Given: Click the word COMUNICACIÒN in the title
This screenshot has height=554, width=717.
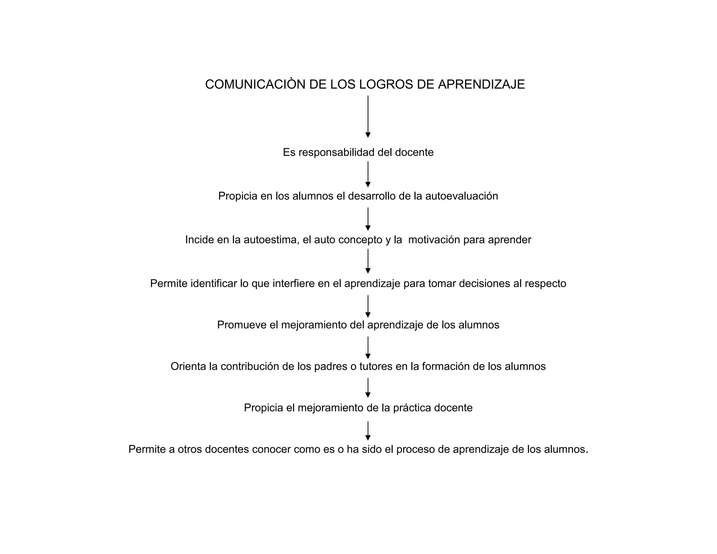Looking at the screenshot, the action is click(x=255, y=85).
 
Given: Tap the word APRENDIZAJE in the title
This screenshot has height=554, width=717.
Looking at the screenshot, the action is click(x=481, y=85).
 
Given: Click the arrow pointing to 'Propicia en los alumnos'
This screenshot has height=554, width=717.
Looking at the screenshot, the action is click(x=368, y=174).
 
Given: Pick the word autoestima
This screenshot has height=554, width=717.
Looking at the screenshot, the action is click(x=271, y=240).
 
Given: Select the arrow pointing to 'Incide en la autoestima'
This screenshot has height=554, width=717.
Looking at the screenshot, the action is click(x=368, y=219).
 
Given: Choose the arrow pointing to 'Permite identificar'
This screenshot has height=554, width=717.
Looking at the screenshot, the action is click(x=368, y=261).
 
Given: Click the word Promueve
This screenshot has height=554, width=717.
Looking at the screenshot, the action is click(x=242, y=325).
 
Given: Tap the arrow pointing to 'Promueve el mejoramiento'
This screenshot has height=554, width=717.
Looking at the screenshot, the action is click(x=368, y=306).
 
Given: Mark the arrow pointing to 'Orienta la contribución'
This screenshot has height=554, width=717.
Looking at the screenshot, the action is click(x=368, y=348).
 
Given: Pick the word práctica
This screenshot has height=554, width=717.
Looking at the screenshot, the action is click(x=412, y=408).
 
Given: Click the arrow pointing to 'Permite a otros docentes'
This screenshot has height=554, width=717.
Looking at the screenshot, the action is click(x=368, y=431).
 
